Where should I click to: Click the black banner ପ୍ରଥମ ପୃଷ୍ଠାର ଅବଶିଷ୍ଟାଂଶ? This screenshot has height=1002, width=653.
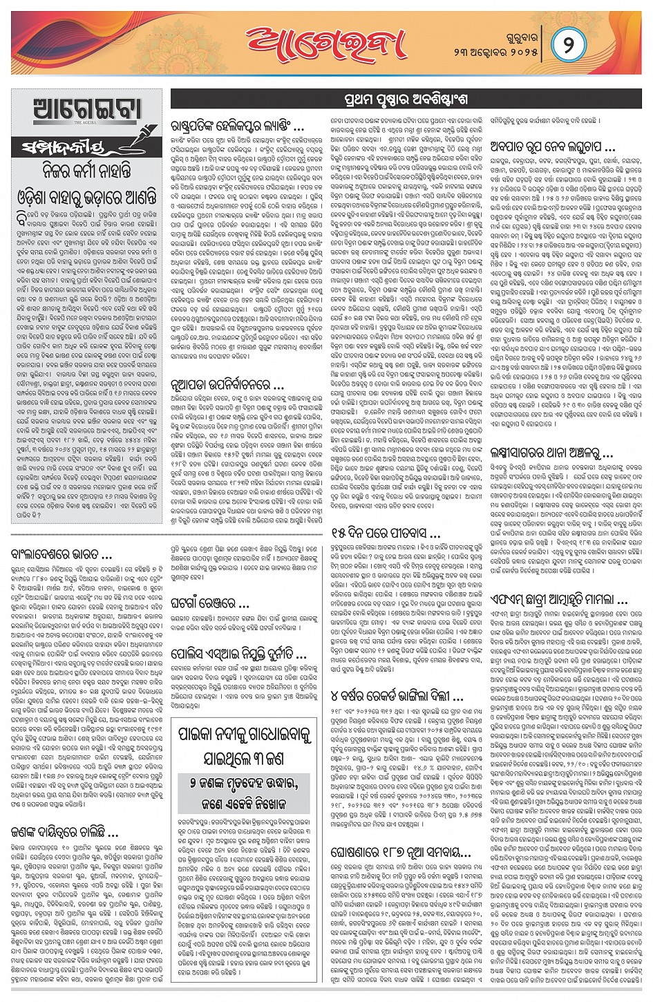tap(406, 100)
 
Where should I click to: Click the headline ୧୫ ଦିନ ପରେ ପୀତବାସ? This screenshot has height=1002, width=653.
tap(386, 533)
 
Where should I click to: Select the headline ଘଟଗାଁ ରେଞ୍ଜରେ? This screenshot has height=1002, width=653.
tap(210, 603)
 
